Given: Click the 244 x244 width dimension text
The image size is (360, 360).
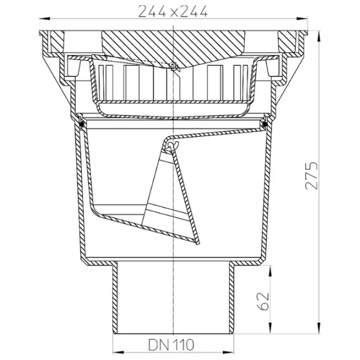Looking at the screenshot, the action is [173, 11].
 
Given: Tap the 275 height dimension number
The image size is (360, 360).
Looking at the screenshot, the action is [311, 176].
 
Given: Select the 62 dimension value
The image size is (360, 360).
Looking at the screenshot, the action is [263, 301].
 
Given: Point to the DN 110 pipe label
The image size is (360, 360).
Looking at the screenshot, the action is [171, 344].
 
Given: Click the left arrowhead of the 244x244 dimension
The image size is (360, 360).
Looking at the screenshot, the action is [44, 19].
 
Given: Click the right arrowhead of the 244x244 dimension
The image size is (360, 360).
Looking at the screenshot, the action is [302, 19].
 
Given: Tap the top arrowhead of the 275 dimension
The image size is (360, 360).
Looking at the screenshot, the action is [319, 36].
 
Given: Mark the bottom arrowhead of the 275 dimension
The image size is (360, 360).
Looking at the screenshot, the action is [319, 328].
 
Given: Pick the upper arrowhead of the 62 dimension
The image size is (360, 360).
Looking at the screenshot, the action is [270, 271].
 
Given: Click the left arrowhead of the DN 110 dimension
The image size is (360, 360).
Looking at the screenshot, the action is [118, 352].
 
